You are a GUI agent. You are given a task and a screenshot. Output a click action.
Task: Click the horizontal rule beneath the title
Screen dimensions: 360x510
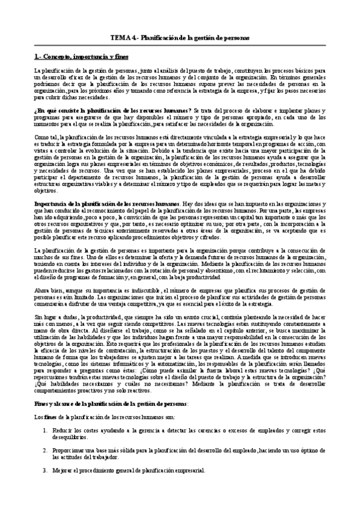pyautogui.click(x=180, y=46)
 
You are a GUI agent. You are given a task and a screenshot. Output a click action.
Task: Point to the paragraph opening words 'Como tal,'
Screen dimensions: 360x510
pyautogui.click(x=46, y=138)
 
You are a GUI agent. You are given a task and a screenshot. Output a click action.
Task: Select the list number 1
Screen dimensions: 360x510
pyautogui.click(x=46, y=431)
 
